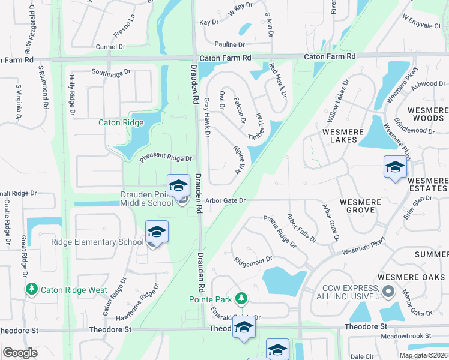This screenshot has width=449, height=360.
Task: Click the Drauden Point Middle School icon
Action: pos(178,187)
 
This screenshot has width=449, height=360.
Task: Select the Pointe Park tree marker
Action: pos(241,298)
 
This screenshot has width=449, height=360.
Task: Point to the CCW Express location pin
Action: pos(388,292)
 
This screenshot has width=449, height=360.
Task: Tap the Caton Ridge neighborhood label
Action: pos(121,123)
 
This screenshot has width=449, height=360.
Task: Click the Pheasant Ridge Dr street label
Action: pos(165,158)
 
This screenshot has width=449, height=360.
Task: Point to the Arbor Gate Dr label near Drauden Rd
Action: pos(225,200)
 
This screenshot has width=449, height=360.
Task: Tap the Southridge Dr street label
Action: pos(110,73)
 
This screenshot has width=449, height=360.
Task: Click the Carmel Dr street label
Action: pos(110,46)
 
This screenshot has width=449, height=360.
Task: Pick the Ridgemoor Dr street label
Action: pos(253,261)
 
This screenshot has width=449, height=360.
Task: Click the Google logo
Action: pos(20,353)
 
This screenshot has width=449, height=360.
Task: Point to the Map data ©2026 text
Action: pos(423,355)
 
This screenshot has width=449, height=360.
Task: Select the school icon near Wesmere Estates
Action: pos(395,167)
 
